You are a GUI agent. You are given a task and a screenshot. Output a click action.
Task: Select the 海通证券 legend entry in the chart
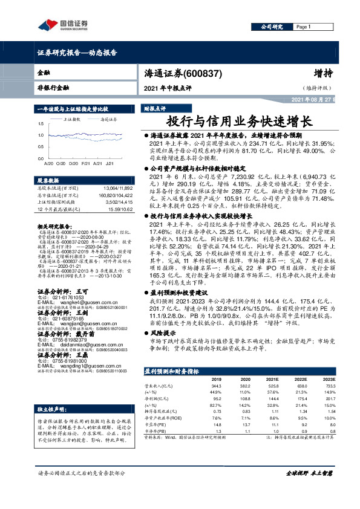(x=108, y=120)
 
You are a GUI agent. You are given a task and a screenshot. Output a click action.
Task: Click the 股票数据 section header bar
(x=48, y=180)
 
